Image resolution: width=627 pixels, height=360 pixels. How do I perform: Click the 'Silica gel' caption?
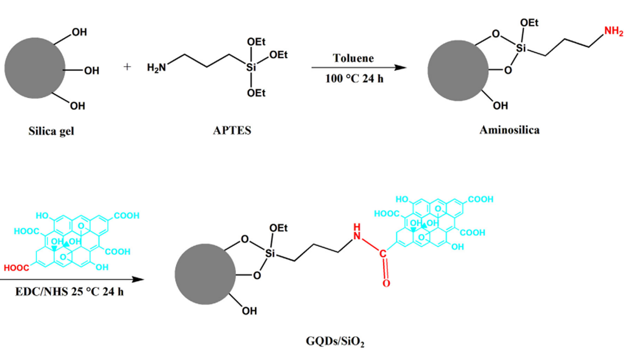[51, 131]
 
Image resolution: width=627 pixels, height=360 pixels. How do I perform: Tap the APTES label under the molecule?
[232, 130]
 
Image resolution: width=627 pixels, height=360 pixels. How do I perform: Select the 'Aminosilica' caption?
[509, 130]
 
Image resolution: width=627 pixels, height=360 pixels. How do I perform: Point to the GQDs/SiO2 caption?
[335, 341]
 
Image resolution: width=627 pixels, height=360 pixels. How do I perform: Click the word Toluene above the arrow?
[353, 58]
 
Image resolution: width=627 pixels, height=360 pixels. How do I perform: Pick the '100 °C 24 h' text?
[354, 79]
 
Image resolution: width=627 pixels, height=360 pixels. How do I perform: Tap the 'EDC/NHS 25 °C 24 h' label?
[69, 292]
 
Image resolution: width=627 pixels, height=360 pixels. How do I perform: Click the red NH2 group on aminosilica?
[613, 31]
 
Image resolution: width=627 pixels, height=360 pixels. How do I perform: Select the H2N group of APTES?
[156, 68]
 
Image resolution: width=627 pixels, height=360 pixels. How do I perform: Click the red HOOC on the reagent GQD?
[16, 268]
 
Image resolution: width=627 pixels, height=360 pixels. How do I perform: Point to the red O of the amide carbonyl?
[386, 283]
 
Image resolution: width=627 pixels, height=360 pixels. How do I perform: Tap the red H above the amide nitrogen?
[357, 227]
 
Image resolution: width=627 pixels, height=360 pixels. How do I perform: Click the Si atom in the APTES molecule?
[251, 68]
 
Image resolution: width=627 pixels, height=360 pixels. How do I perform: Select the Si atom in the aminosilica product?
[521, 48]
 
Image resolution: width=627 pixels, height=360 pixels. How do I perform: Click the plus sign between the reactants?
[127, 66]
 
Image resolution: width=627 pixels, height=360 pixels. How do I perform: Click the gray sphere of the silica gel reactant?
[35, 68]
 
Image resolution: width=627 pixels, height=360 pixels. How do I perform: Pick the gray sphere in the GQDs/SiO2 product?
[205, 274]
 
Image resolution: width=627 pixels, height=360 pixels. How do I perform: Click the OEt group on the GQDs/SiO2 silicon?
[278, 228]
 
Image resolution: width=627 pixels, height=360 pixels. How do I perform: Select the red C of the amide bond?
[383, 253]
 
